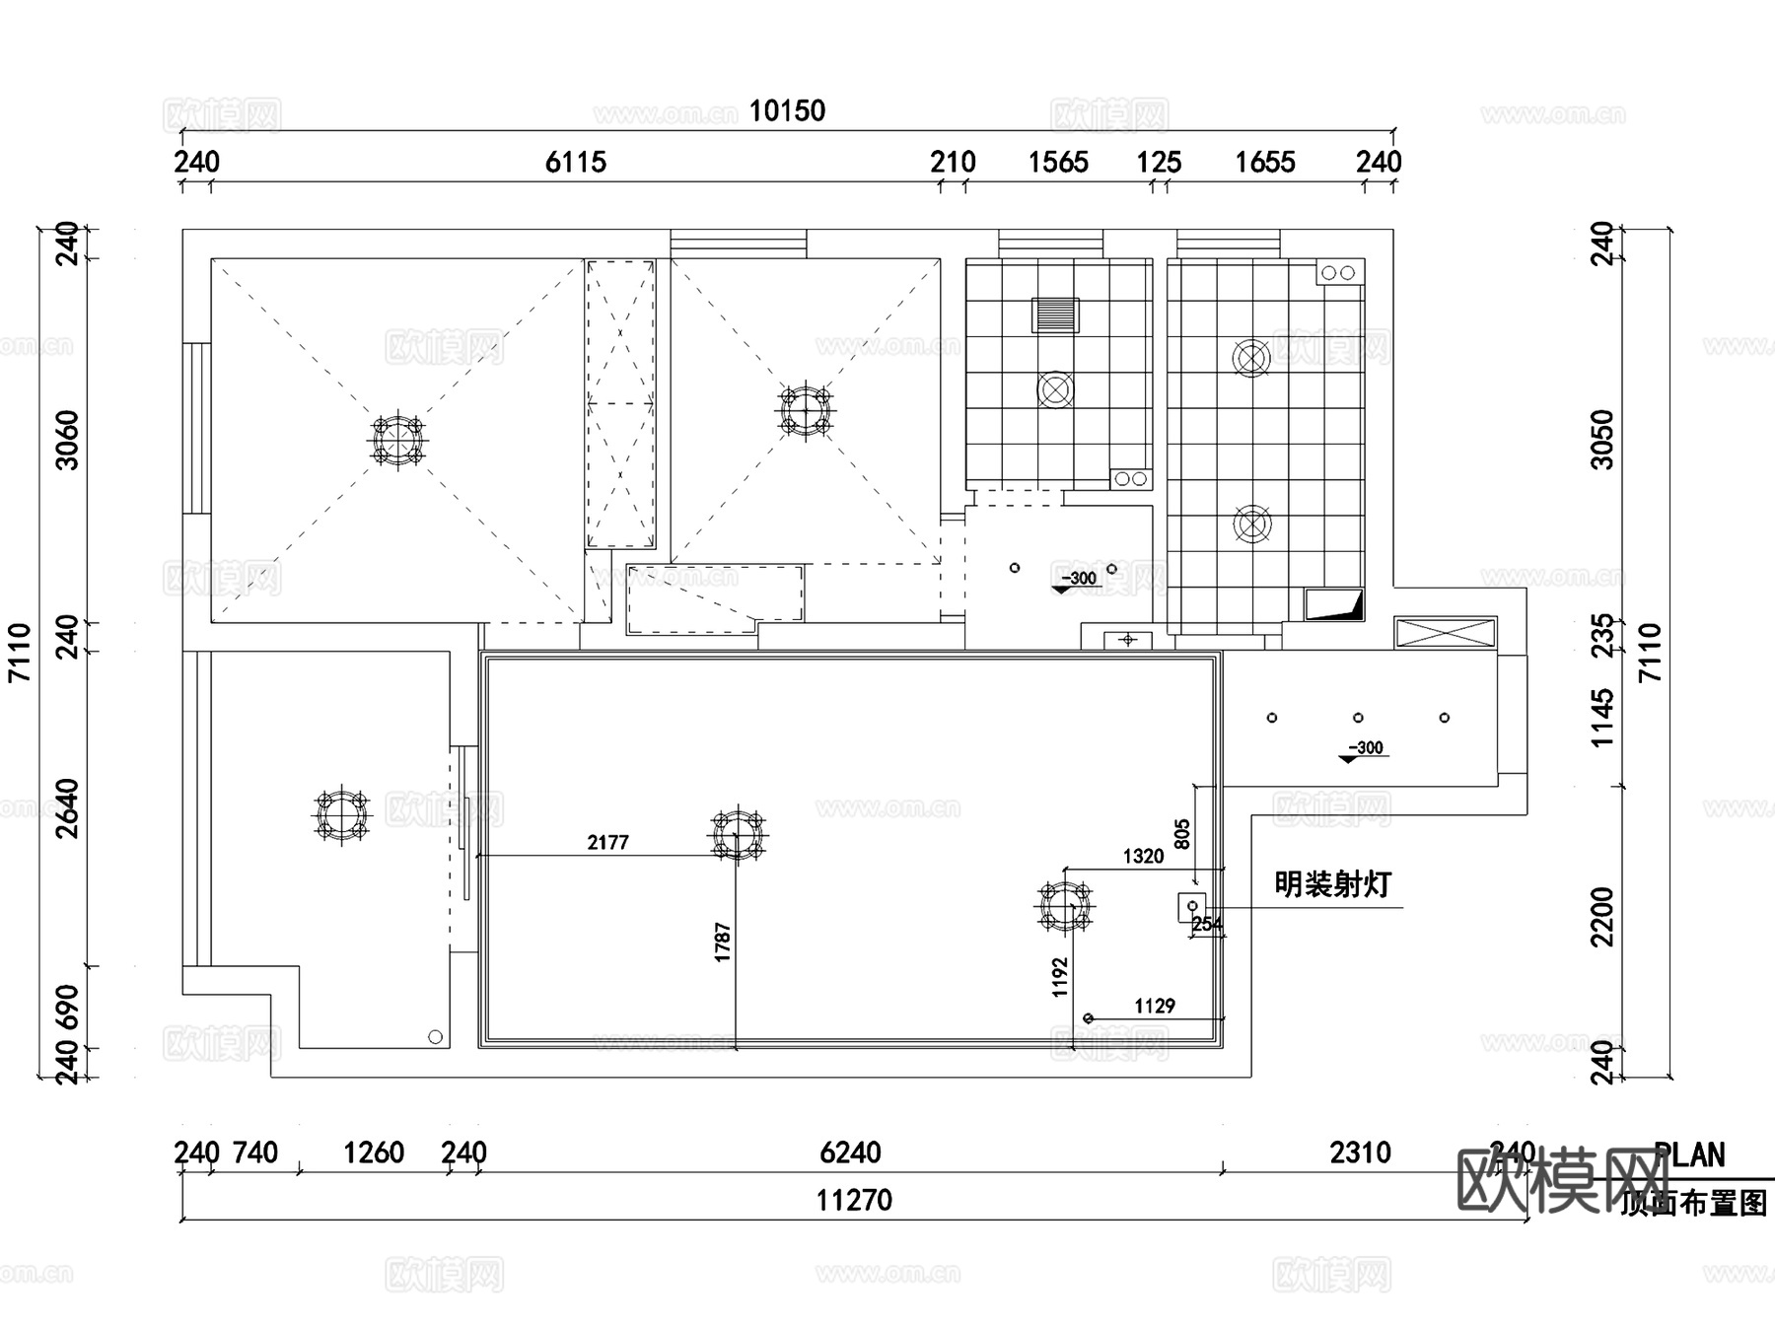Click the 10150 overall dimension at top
point(786,110)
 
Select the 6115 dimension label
point(575,162)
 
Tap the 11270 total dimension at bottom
point(854,1200)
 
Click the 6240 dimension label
point(850,1152)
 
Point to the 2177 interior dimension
point(607,842)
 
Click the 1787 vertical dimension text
point(722,942)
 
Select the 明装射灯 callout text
point(1332,884)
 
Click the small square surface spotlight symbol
point(1191,906)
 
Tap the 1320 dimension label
point(1143,856)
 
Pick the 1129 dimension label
point(1154,1006)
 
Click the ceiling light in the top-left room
point(397,440)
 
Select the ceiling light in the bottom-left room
point(341,814)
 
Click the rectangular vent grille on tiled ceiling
point(1055,315)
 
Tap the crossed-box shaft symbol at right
point(1445,633)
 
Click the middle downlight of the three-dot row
point(1358,718)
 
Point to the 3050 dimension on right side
point(1603,440)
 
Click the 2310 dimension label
point(1360,1152)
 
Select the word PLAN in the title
point(1689,1154)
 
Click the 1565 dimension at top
point(1057,162)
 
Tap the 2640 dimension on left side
point(66,808)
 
